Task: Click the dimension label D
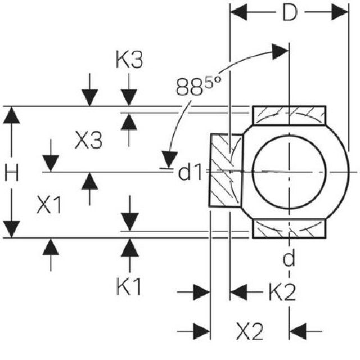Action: (289, 13)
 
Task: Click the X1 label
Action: (49, 206)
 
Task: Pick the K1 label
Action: (129, 288)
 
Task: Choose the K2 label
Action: (281, 292)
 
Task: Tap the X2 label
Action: (249, 331)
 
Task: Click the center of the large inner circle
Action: (288, 170)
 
